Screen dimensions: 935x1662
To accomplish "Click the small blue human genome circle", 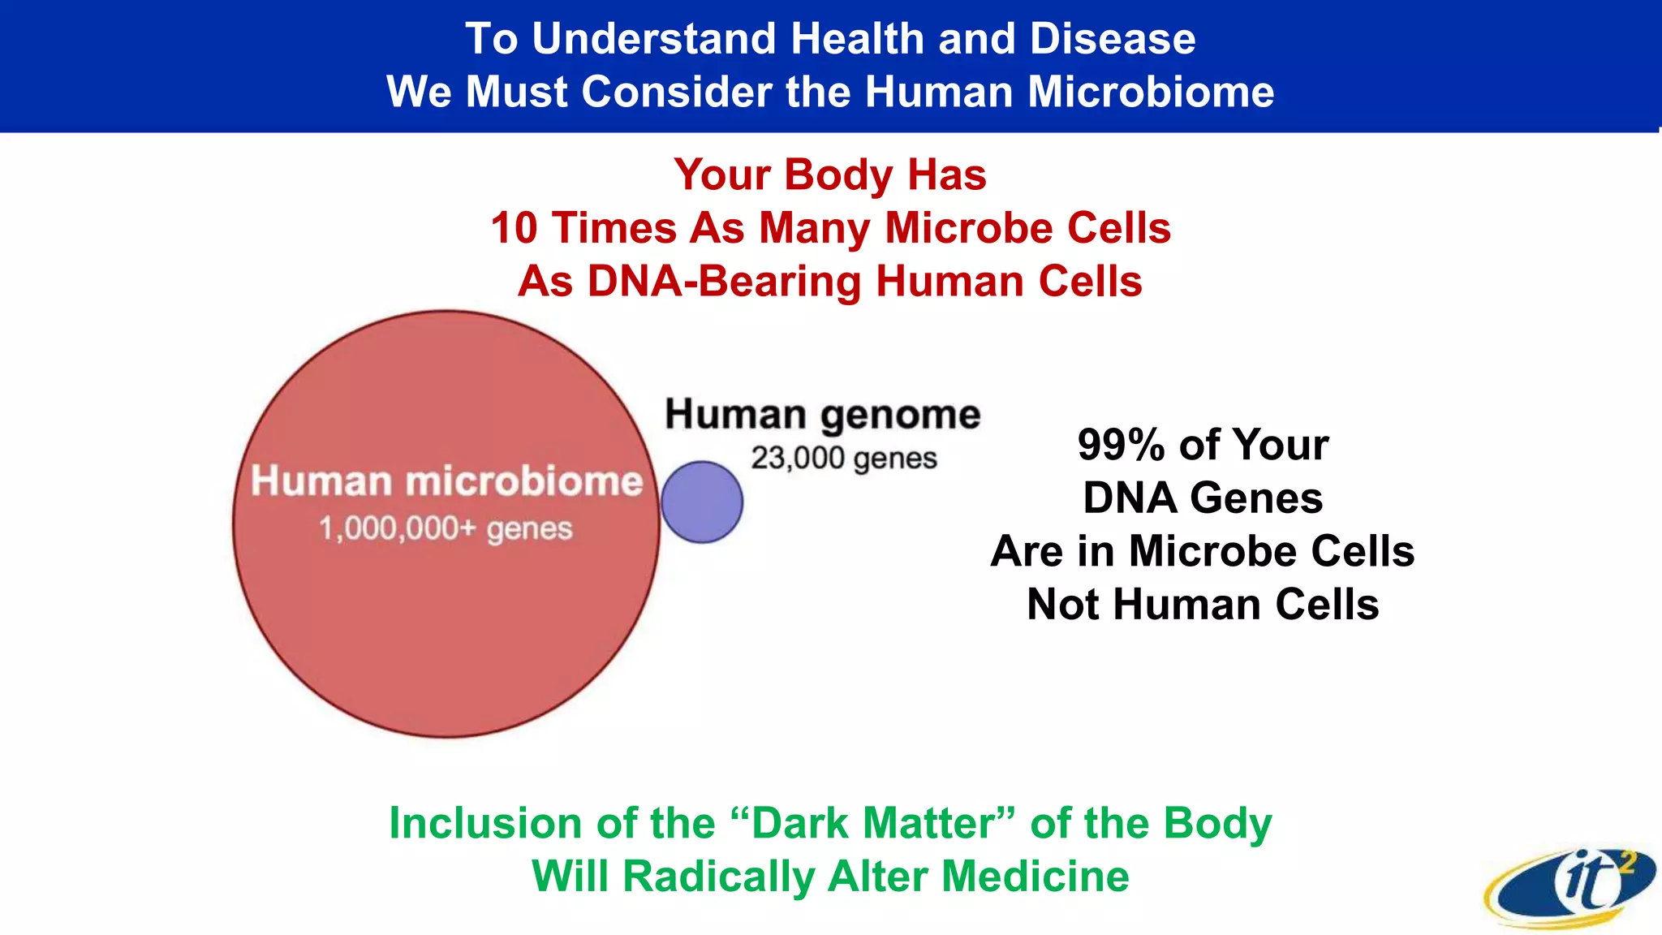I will click(x=702, y=502).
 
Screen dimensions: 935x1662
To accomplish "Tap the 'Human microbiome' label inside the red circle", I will click(x=446, y=480).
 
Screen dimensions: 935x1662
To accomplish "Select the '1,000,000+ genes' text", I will click(x=446, y=529).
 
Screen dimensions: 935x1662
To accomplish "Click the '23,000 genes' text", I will click(x=844, y=459).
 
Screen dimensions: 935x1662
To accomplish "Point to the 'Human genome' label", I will click(x=823, y=415).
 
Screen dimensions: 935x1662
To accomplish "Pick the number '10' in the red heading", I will click(x=515, y=228).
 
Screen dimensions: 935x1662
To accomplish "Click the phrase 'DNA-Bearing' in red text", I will click(x=724, y=282).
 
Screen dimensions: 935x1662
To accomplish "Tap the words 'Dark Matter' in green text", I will click(x=873, y=823).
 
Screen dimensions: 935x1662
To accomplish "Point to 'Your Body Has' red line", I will click(x=830, y=175).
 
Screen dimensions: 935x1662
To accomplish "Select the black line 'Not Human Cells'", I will click(x=1203, y=605).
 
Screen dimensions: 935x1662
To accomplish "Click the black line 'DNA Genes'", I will click(x=1203, y=498).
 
